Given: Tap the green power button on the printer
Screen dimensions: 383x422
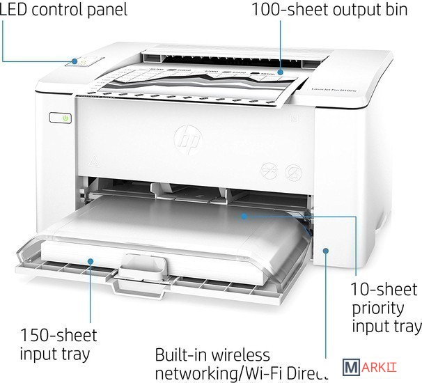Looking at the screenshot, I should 65,119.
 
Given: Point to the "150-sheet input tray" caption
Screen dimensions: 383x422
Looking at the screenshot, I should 58,344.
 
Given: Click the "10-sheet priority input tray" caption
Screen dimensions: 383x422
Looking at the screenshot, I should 386,308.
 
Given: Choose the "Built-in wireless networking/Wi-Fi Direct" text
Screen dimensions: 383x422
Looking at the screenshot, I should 249,363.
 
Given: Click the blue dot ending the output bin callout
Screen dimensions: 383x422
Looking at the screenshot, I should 281,71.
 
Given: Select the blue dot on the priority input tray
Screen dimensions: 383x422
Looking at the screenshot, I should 244,217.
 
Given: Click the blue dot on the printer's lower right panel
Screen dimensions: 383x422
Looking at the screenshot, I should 325,250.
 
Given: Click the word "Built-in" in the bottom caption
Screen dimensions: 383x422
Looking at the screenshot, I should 182,354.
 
